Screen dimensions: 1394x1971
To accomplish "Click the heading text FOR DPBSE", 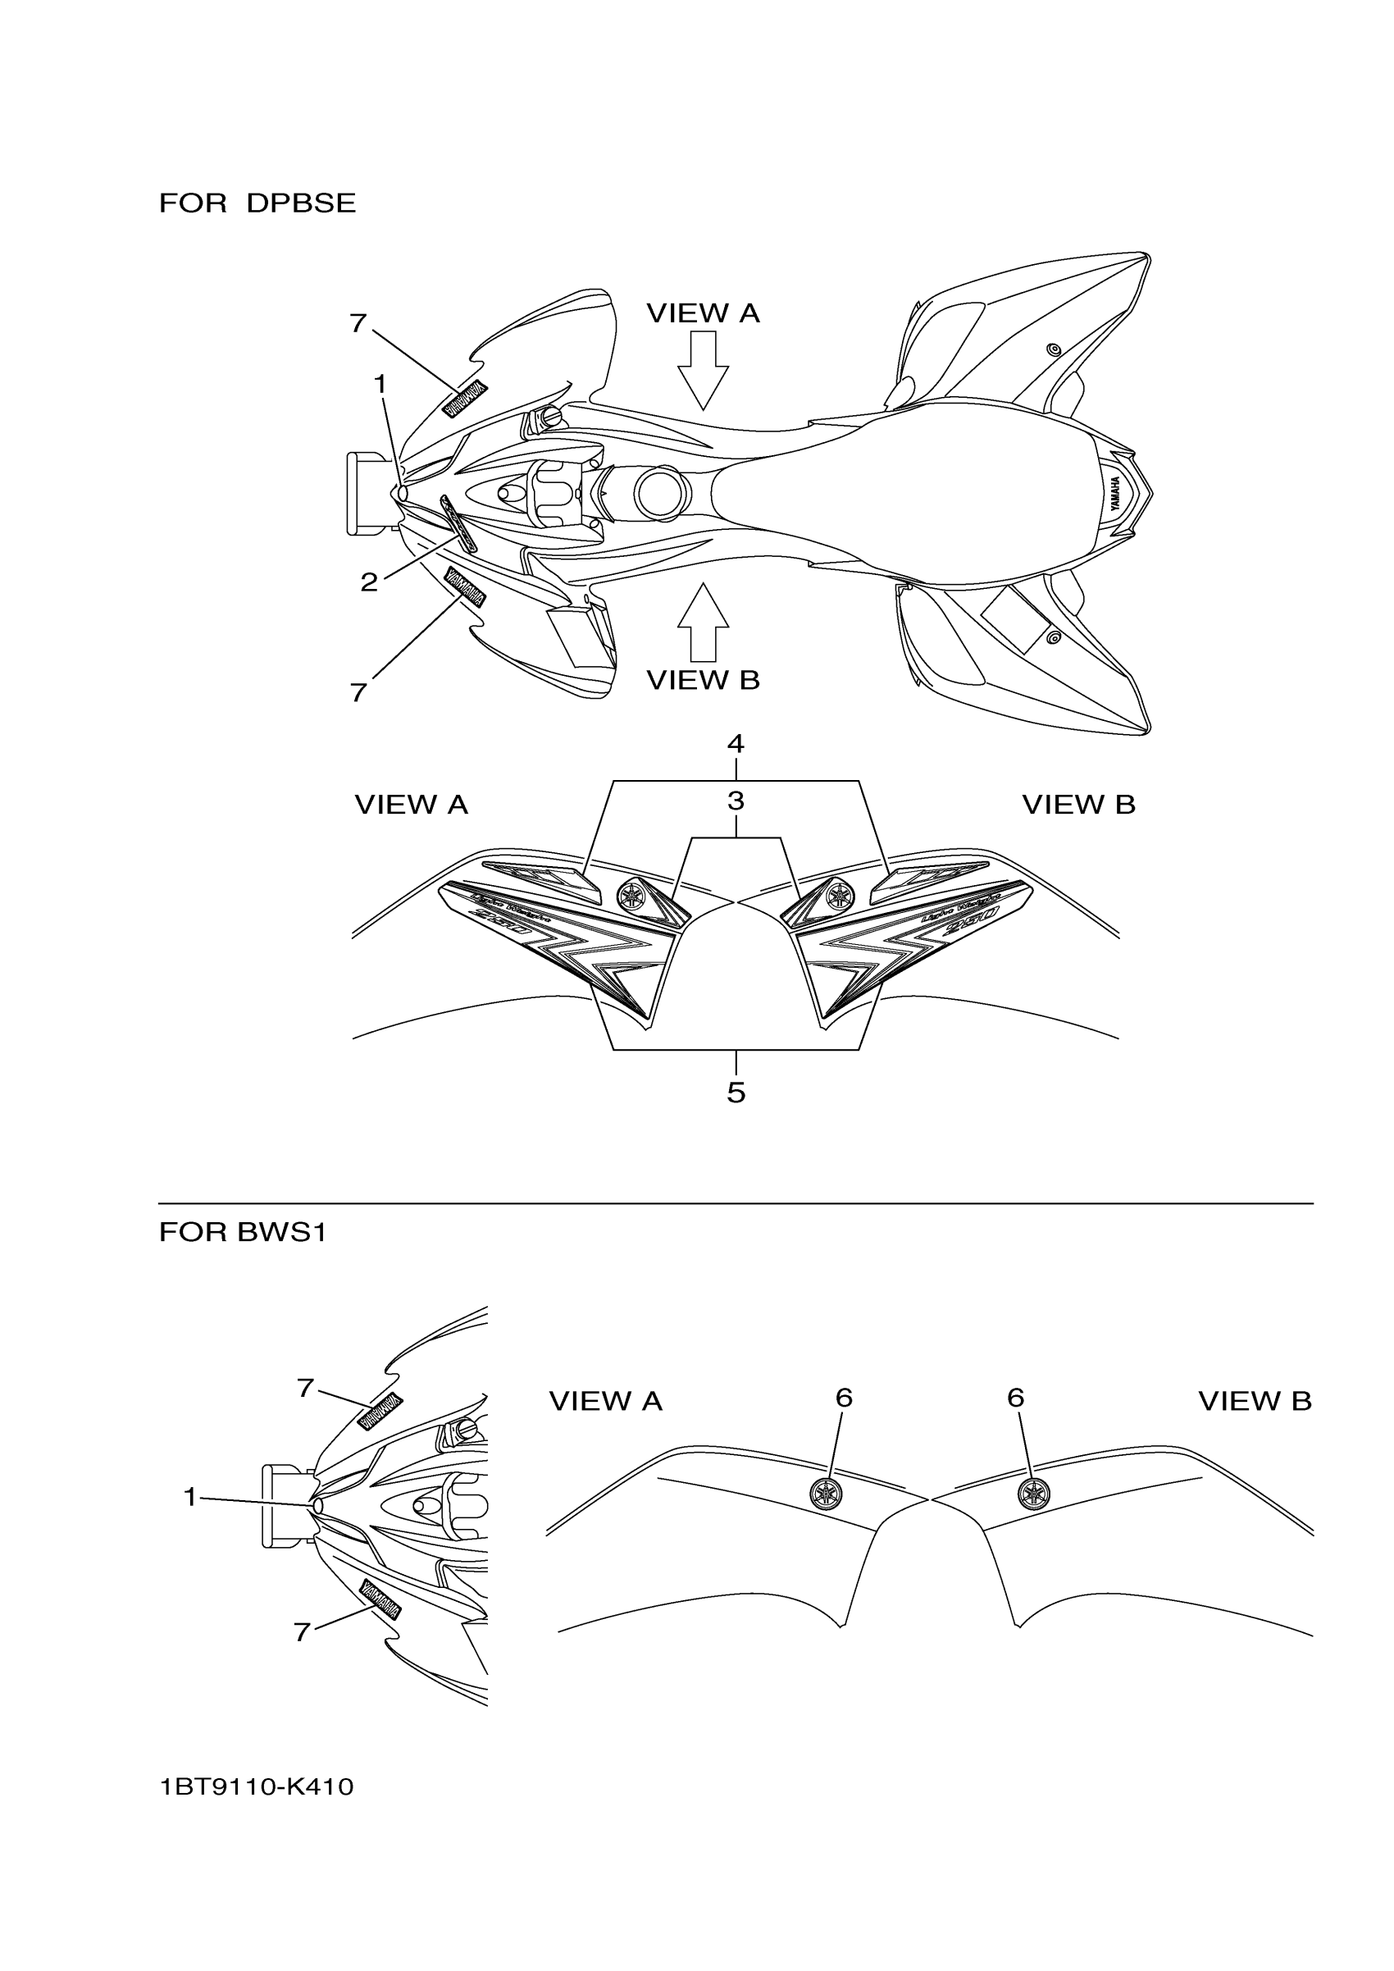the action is (257, 203).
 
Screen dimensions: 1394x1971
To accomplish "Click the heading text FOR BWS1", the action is (242, 1233).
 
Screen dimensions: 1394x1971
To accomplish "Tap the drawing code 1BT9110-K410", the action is (256, 1787).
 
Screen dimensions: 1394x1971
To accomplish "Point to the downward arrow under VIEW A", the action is (703, 370).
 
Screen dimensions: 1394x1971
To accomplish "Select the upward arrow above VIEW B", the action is (703, 622).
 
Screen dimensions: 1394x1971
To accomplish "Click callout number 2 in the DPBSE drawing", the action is (369, 582).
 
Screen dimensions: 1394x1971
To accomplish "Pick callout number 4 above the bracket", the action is (736, 743).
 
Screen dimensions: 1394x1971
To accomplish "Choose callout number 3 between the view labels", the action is (736, 801).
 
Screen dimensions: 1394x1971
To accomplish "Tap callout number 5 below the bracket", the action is (736, 1093).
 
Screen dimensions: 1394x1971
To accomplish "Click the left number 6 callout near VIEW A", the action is (844, 1398).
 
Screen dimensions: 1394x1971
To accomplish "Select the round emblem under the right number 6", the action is (1033, 1494).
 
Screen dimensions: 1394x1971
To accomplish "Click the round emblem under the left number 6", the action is (826, 1494).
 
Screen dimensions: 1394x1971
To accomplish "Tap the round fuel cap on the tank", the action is (662, 493).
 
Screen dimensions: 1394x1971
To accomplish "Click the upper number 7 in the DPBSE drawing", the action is (358, 324).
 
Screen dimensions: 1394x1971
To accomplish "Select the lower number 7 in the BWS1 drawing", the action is (302, 1632).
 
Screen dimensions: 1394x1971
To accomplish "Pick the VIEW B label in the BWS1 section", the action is (1254, 1402).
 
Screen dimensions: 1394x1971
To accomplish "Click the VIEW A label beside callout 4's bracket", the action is (411, 805).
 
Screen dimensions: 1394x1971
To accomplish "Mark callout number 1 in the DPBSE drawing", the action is (380, 385).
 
